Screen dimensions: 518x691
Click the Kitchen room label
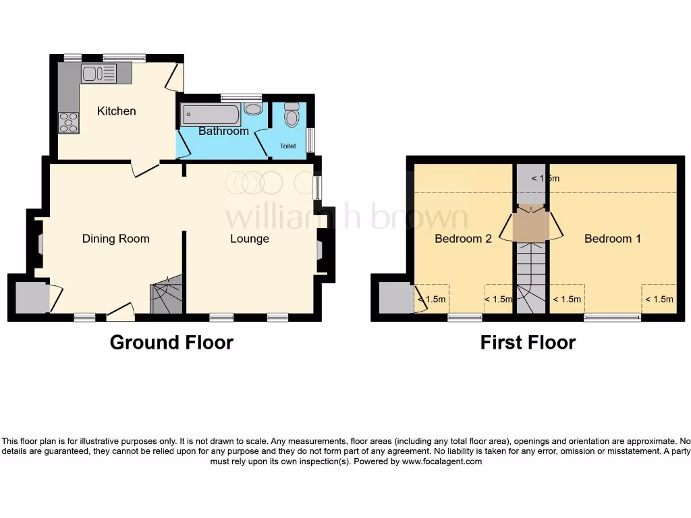tap(116, 111)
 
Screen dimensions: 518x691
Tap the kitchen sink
tap(99, 74)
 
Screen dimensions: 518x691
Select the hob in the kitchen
tap(68, 122)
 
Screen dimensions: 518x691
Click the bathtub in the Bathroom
tap(210, 115)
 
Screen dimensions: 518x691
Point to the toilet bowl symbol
tap(292, 117)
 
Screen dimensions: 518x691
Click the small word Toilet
tap(288, 146)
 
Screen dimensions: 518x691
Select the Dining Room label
tap(115, 238)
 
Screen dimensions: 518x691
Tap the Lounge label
tap(249, 238)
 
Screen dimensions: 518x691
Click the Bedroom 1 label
tap(612, 238)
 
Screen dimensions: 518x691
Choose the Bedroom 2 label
tap(463, 238)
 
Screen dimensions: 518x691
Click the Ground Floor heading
tap(171, 342)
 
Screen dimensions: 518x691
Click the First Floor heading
tap(528, 342)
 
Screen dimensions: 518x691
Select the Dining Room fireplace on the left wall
tap(39, 243)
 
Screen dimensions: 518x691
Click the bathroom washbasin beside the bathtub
tap(253, 109)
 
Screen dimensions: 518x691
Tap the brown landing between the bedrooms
tap(530, 225)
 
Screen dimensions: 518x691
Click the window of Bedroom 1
tap(612, 318)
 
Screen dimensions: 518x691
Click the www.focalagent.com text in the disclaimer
tap(442, 461)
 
